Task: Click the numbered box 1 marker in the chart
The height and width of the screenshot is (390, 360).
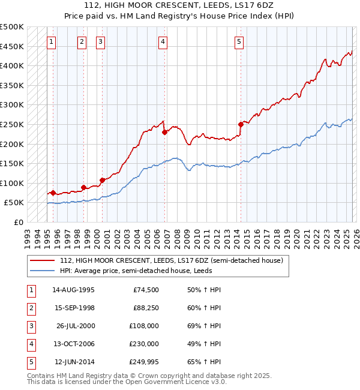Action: pyautogui.click(x=52, y=42)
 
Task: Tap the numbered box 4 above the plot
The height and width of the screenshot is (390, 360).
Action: pyautogui.click(x=163, y=42)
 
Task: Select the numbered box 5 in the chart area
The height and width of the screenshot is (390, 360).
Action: pyautogui.click(x=239, y=42)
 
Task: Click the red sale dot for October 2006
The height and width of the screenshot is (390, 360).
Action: pyautogui.click(x=164, y=133)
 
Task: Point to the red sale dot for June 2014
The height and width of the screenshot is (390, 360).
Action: pyautogui.click(x=241, y=125)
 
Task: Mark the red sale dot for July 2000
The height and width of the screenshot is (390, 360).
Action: pyautogui.click(x=102, y=180)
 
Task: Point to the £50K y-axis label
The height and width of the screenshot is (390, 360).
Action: pyautogui.click(x=14, y=203)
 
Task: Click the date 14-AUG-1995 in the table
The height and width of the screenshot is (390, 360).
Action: pyautogui.click(x=73, y=290)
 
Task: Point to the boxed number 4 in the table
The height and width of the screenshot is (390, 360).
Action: pyautogui.click(x=31, y=344)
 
